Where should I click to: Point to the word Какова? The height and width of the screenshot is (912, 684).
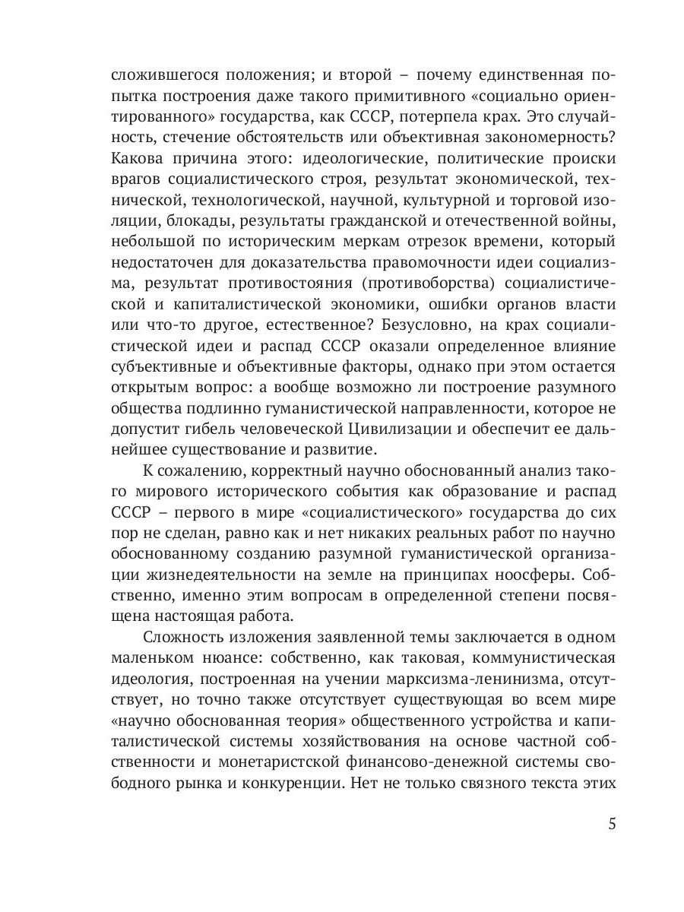138,160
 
